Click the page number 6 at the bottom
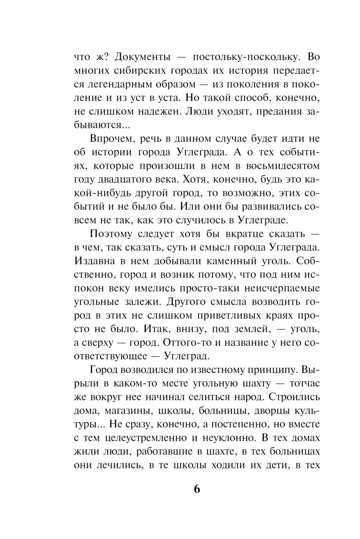point(197,489)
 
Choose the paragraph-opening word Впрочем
point(112,139)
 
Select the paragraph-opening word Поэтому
point(112,234)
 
